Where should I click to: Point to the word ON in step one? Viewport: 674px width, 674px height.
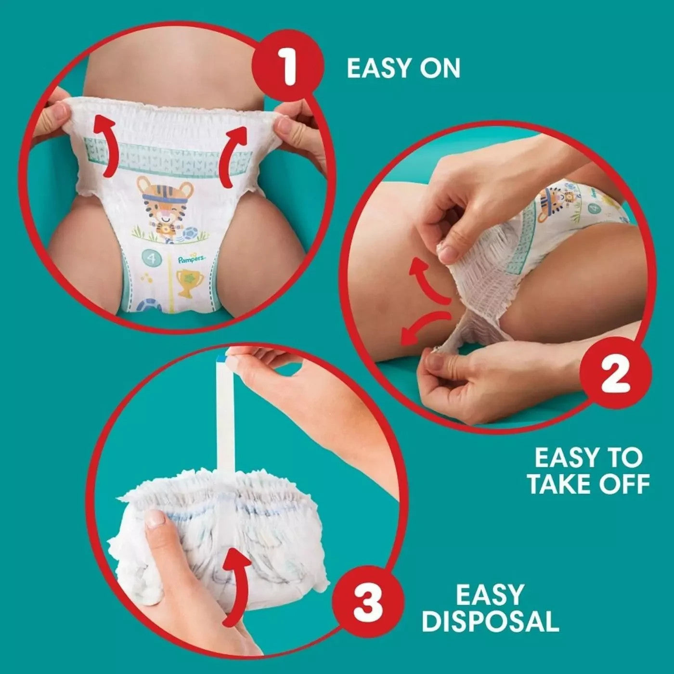click(440, 68)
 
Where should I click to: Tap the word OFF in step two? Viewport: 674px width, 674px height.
click(625, 484)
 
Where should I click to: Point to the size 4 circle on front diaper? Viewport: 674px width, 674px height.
click(151, 259)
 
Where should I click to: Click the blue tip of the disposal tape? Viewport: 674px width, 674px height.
click(221, 357)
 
